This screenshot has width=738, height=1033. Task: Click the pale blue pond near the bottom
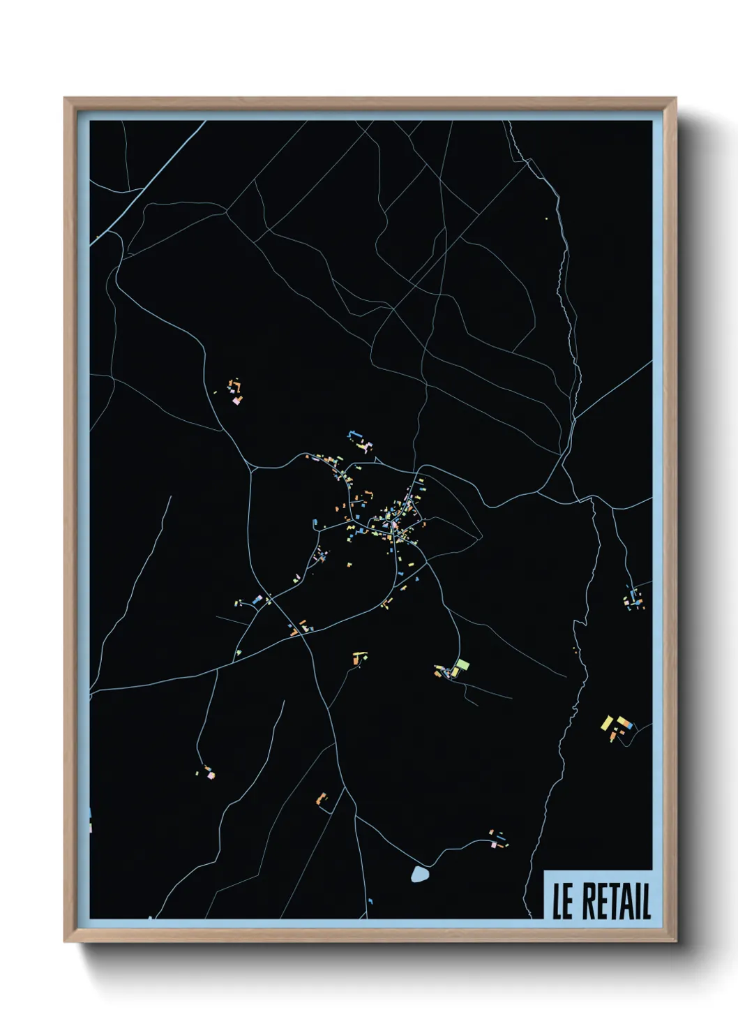click(x=419, y=874)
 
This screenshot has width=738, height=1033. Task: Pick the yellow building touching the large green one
click(x=455, y=672)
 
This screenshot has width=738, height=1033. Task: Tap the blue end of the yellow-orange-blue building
click(x=631, y=725)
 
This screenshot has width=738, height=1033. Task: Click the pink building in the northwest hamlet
click(x=236, y=401)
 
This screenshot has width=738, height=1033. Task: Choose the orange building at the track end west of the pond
click(x=322, y=798)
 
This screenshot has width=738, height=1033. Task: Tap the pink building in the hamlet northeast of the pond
click(x=494, y=845)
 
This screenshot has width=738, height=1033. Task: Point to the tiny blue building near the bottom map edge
click(x=370, y=901)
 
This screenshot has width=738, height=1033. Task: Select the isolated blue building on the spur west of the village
click(x=315, y=522)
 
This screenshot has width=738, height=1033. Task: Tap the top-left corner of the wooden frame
click(x=65, y=98)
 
